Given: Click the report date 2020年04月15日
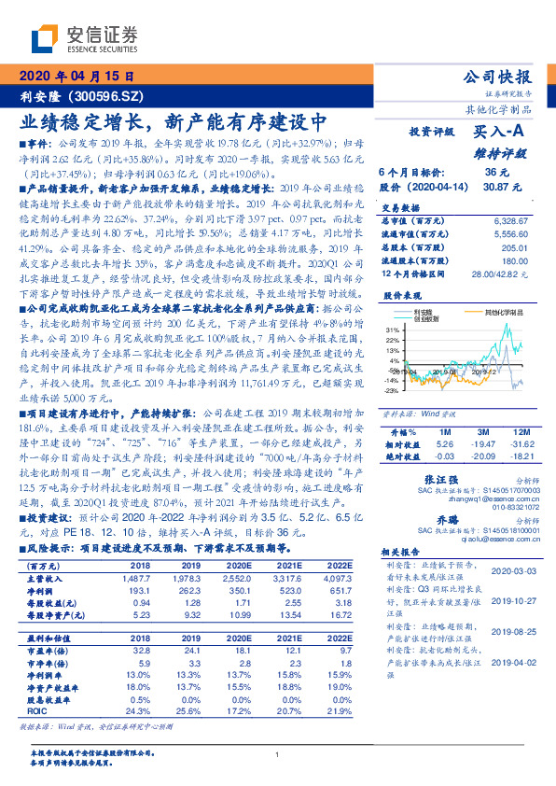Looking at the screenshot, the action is click(x=76, y=76).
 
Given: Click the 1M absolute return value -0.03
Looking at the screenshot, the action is click(x=444, y=456).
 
